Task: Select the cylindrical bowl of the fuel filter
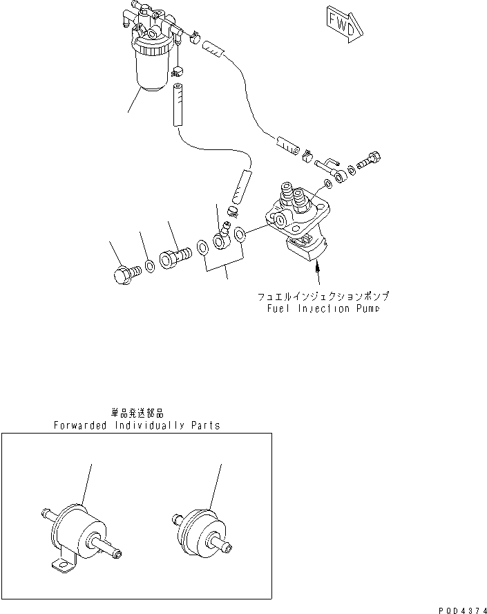tap(151, 69)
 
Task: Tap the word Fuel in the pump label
tap(278, 309)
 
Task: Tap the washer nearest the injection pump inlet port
tap(239, 235)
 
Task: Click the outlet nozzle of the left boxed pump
tap(110, 550)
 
